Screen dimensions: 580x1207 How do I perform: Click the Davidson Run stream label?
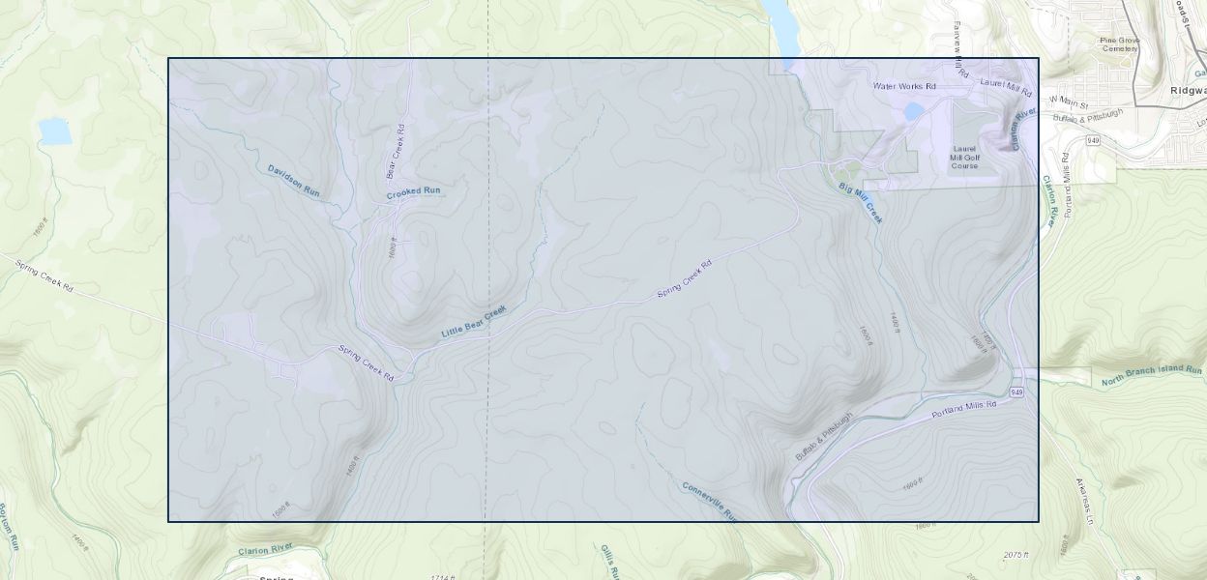point(293,181)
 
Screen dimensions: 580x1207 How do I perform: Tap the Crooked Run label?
point(413,191)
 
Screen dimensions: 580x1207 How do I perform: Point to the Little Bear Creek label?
point(474,322)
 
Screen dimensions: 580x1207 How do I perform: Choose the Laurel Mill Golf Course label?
point(965,157)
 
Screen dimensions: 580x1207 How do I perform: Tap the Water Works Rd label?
point(904,86)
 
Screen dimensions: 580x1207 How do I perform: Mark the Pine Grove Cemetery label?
point(1120,44)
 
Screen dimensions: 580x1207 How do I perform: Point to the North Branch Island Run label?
point(1151,376)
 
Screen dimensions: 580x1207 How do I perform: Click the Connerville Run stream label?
point(710,501)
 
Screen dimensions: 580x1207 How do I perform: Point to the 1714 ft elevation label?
point(442,577)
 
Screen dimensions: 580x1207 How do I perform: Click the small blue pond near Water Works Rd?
point(913,112)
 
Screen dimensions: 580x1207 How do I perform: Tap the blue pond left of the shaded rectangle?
point(55,130)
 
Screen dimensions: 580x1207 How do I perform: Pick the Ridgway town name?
point(1188,90)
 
